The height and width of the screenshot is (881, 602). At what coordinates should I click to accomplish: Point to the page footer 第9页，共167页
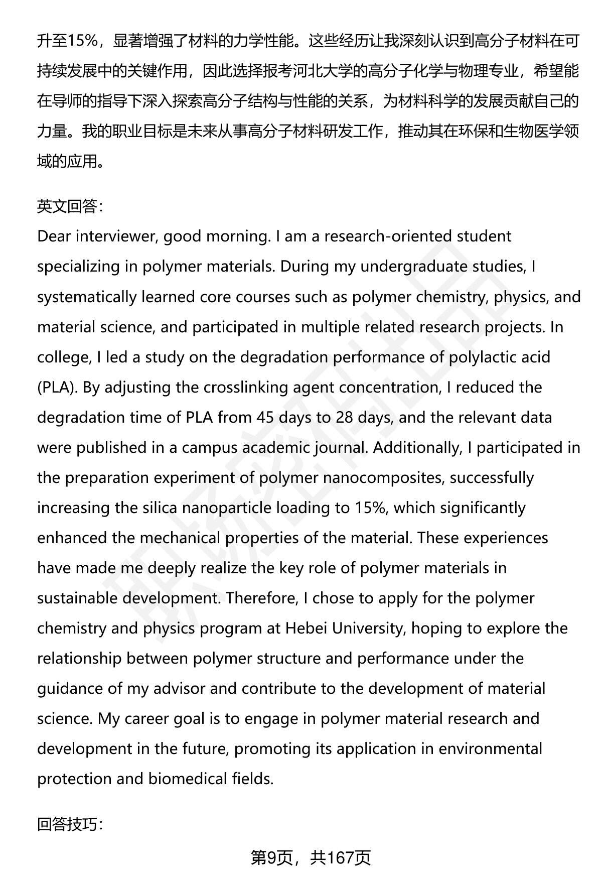(x=311, y=858)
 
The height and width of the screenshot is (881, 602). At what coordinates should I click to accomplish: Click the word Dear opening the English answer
(x=54, y=236)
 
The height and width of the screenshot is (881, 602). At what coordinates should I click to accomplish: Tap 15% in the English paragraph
(x=370, y=508)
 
